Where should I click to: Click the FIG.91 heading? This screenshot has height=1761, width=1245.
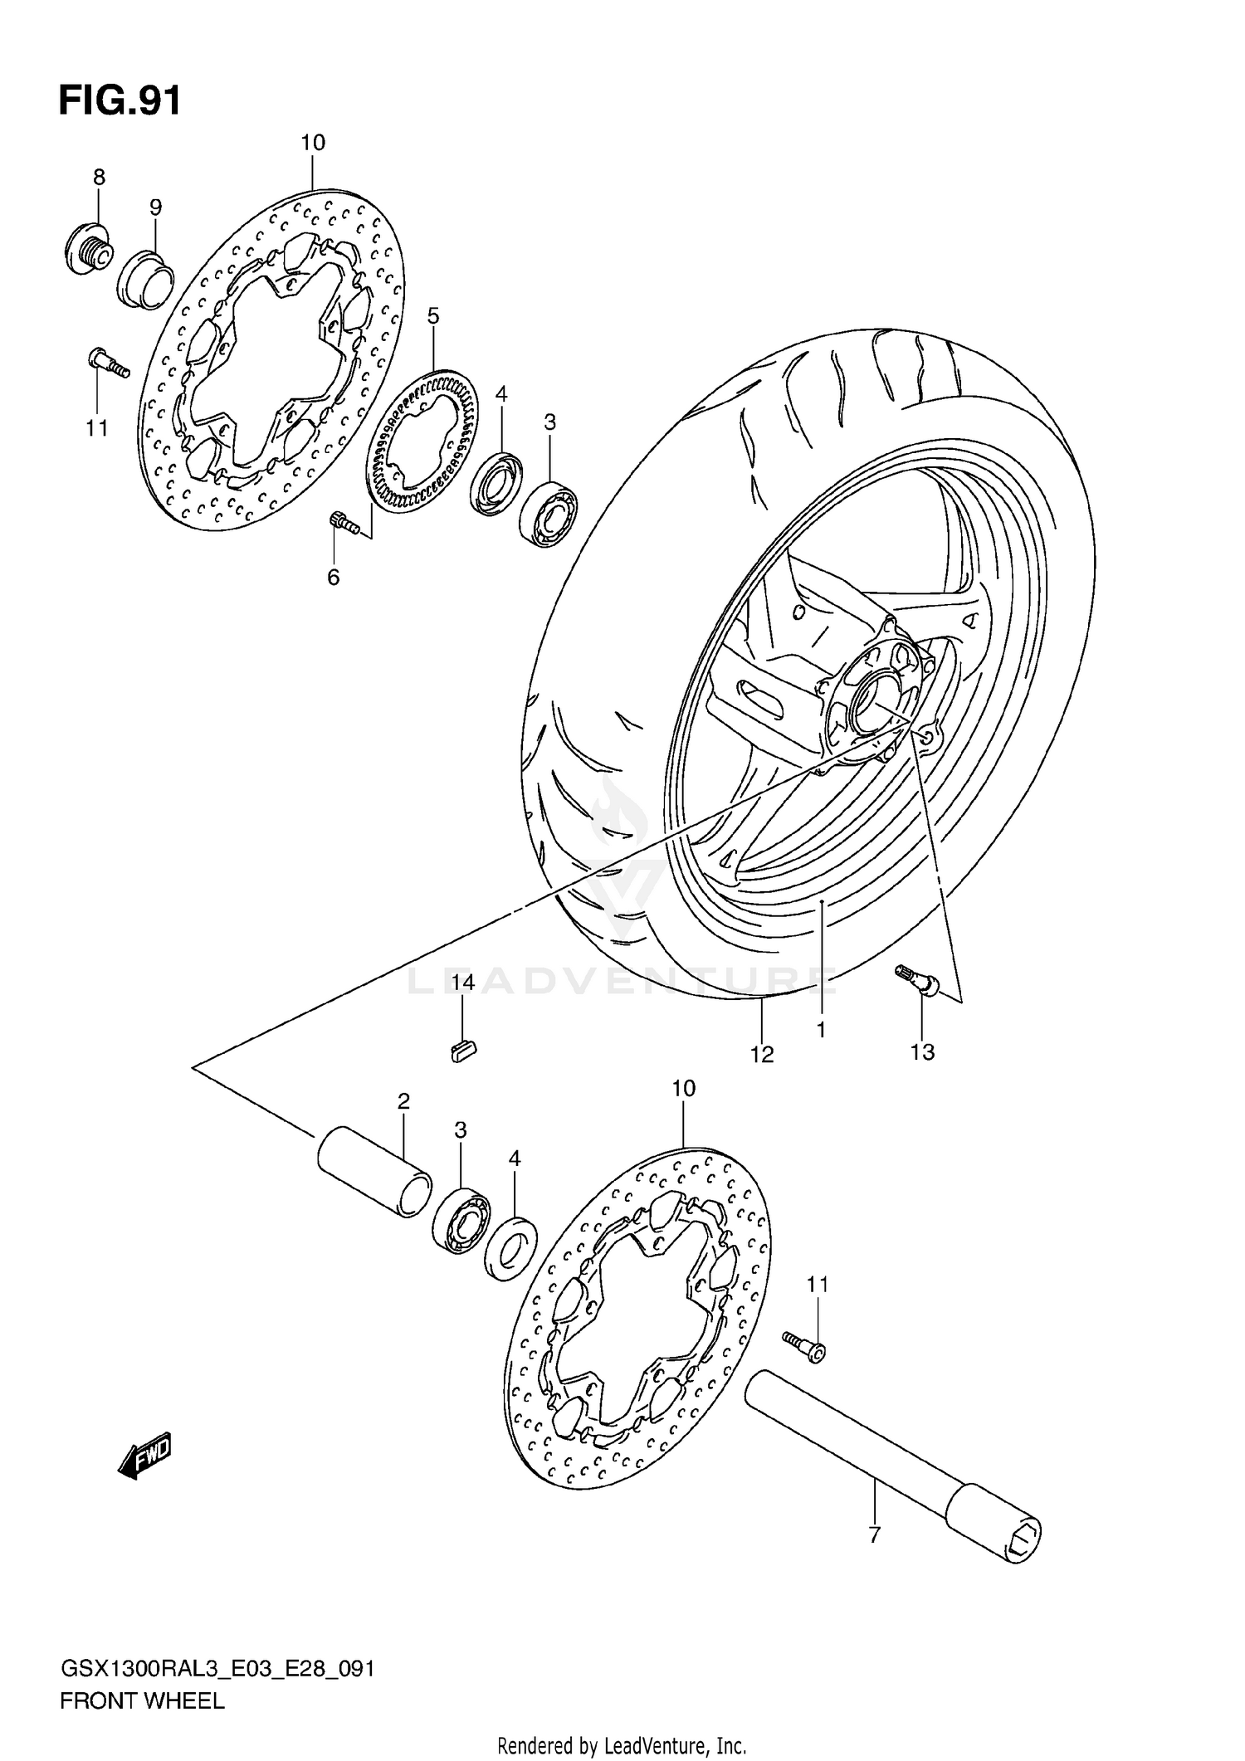point(120,101)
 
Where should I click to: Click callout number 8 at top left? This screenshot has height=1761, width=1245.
point(99,177)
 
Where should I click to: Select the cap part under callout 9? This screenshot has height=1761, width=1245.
point(144,279)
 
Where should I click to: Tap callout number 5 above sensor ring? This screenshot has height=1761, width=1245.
point(433,315)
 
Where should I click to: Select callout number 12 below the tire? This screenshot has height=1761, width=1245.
point(762,1054)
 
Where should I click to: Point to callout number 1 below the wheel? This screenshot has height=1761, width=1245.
point(820,1030)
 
